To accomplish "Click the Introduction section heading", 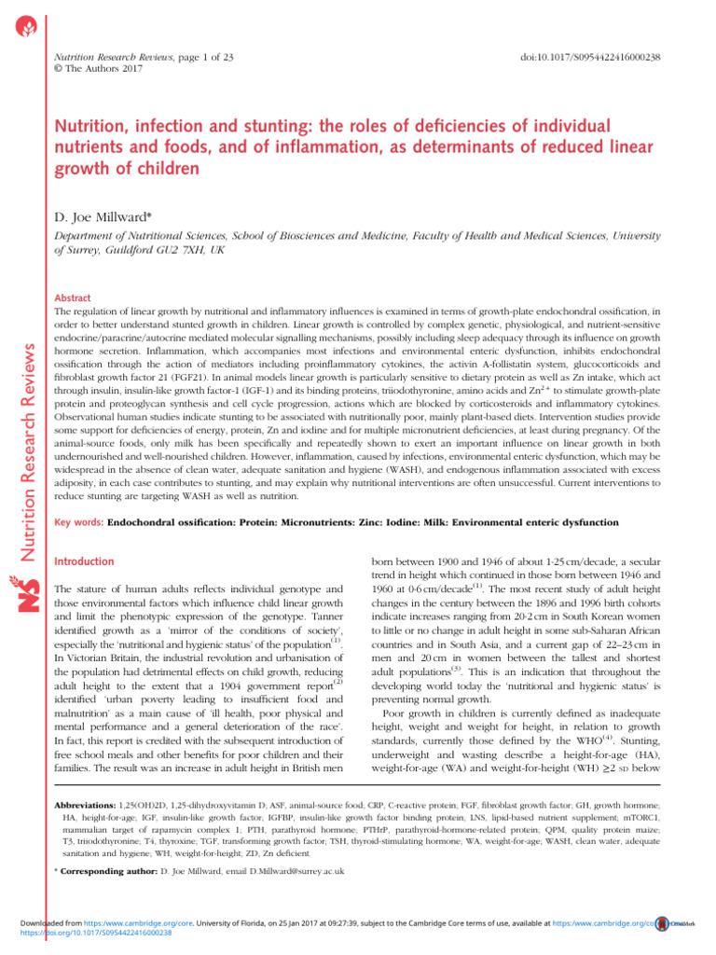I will tap(85, 562).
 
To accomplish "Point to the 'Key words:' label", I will tap(80, 524).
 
